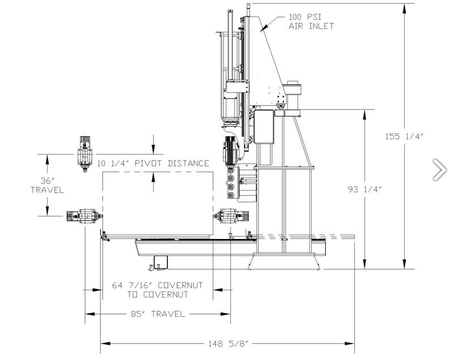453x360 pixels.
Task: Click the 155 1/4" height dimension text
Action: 404,136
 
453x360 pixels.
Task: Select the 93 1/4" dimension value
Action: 364,190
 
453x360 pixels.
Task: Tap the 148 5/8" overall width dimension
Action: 228,344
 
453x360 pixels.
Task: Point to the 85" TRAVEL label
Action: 158,314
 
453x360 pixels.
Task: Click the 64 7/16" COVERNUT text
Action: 157,286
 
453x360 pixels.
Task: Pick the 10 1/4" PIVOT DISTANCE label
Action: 153,163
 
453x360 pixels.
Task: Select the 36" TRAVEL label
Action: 47,186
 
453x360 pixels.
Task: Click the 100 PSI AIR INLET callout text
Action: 311,22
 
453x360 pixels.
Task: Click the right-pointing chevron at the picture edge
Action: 440,170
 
